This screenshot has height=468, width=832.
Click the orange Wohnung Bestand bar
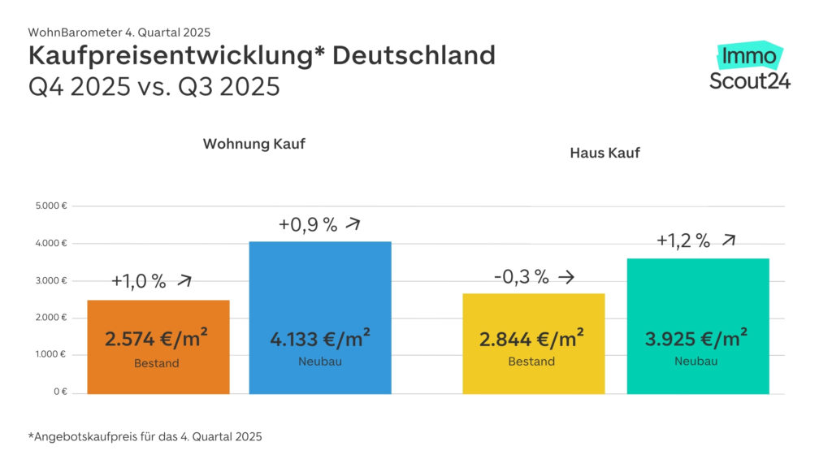tap(158, 347)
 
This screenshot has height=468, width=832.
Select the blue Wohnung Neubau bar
tap(319, 317)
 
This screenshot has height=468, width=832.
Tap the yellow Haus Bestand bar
tap(533, 344)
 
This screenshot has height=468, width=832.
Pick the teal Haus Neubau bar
tap(698, 325)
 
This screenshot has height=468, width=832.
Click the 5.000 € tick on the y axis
tap(50, 206)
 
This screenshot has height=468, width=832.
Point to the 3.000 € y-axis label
tap(50, 281)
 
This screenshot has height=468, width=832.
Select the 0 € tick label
tap(58, 392)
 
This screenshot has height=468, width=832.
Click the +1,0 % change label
tap(138, 281)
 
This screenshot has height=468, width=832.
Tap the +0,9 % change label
tap(307, 225)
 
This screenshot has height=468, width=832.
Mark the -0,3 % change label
tap(521, 277)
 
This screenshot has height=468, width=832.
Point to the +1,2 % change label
tap(682, 240)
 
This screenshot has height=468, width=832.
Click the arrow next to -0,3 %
tap(566, 277)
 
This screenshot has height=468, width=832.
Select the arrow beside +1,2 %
tap(729, 240)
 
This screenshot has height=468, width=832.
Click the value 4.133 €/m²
tap(320, 337)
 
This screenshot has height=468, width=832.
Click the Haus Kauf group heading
tap(604, 152)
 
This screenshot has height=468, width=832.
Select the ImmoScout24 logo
tap(749, 67)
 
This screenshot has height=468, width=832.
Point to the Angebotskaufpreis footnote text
tap(145, 436)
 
